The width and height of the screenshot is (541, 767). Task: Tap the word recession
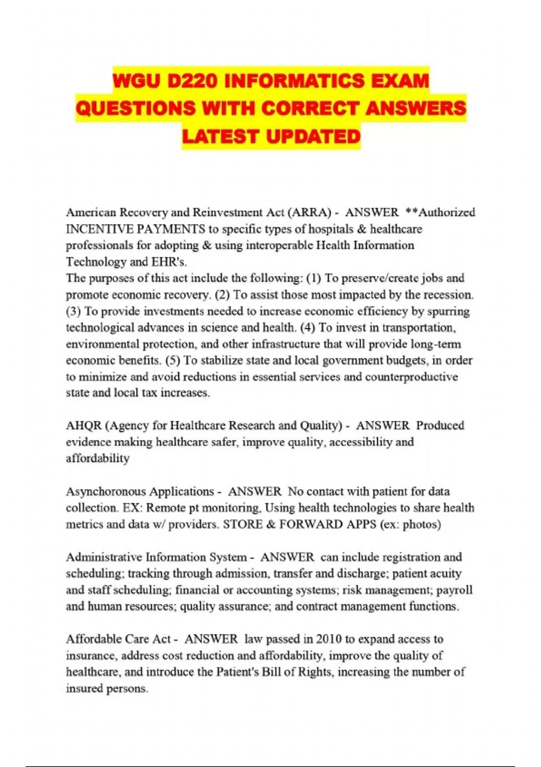coord(446,295)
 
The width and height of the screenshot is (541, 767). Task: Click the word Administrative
coord(104,557)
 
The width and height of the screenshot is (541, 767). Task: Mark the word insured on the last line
coord(84,689)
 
